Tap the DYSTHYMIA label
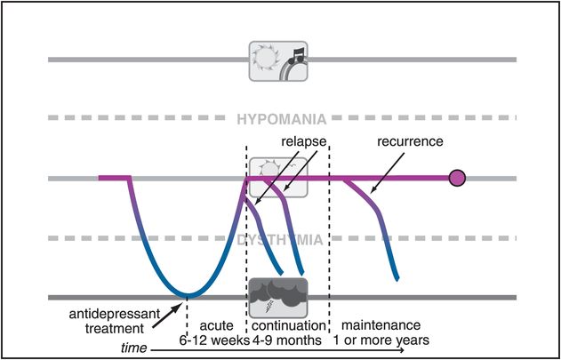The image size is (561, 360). (280, 239)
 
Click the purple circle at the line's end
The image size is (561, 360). (457, 179)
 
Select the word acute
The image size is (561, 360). (212, 326)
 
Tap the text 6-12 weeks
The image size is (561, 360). (212, 340)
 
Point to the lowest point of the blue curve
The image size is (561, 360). (186, 295)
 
